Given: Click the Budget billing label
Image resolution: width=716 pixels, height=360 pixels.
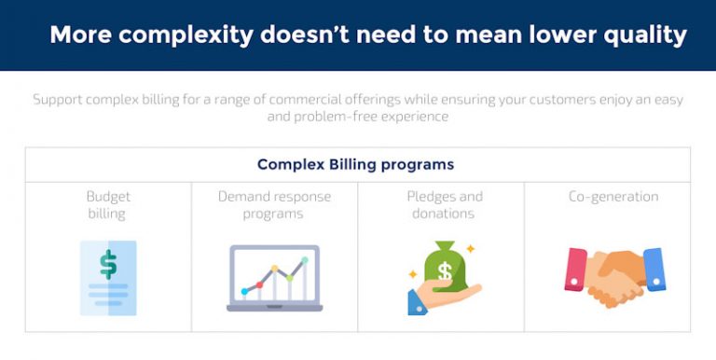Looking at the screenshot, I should coord(108,205).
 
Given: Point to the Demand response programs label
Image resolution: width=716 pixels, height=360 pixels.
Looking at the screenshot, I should coord(274,205).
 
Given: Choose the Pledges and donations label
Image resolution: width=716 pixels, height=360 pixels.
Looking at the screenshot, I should coord(445,205).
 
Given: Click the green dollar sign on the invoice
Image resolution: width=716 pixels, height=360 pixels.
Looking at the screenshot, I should coord(108,264).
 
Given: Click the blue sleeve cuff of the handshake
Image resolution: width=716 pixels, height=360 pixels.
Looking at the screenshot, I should coord(654,270).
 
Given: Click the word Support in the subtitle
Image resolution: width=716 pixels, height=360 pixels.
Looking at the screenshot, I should coord(61,100).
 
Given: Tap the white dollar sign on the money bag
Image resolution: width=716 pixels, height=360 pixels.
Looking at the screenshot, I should coord(446,273).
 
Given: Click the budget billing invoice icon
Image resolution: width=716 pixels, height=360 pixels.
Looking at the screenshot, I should coord(108,277).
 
